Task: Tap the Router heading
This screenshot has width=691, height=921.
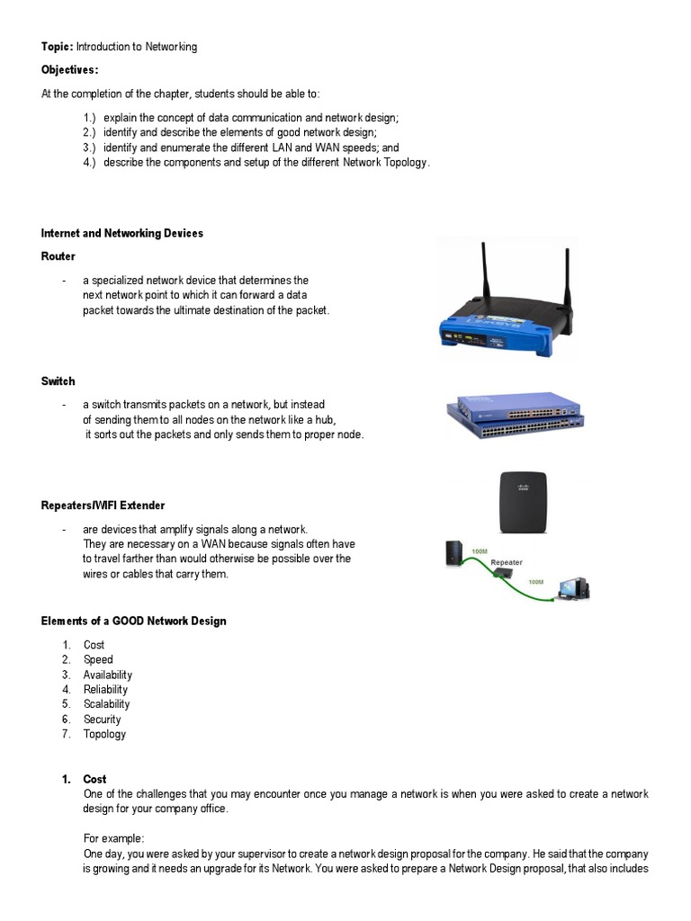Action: tap(58, 256)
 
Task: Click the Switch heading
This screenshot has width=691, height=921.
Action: tap(58, 381)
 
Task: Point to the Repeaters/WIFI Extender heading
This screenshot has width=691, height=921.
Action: tap(103, 505)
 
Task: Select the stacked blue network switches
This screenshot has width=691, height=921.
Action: tap(515, 416)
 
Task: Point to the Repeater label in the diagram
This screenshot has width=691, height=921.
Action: tap(507, 562)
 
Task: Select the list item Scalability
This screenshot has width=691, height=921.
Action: tap(106, 704)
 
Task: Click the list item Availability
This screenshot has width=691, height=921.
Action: tap(108, 675)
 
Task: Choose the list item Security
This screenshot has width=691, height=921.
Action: tap(102, 720)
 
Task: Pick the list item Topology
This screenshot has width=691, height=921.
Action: tap(104, 734)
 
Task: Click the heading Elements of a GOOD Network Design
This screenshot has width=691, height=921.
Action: tap(134, 621)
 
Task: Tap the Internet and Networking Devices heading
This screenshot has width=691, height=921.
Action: tap(122, 233)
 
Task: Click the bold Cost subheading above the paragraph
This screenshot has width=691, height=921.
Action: tap(94, 779)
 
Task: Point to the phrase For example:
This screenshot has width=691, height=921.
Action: tap(113, 838)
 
